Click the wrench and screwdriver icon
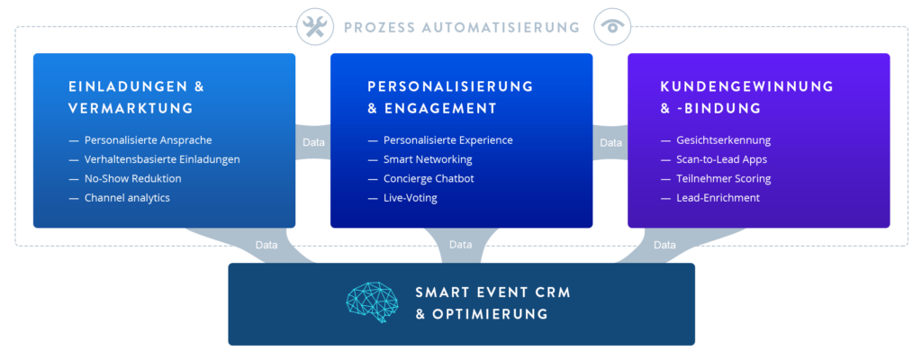[315, 27]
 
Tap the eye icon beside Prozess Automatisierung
[613, 27]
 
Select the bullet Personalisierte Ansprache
[148, 140]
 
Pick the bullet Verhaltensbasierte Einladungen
[162, 159]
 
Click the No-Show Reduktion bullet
[132, 178]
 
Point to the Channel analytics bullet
[127, 197]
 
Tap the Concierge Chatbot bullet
[429, 178]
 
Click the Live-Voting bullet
[411, 197]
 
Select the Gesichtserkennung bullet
[723, 140]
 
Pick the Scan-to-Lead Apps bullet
[721, 159]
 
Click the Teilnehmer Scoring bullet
[723, 178]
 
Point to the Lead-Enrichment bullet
[718, 197]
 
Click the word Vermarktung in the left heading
[131, 108]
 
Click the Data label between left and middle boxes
[313, 142]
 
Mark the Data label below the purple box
[664, 244]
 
